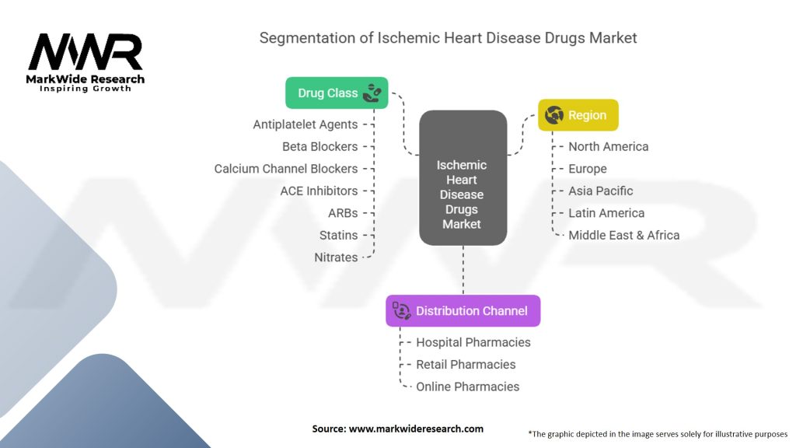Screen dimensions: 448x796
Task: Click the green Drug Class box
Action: (337, 93)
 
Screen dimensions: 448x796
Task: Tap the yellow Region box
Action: (578, 115)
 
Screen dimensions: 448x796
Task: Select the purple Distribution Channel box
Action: (463, 310)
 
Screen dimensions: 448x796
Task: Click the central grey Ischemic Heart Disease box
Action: (463, 194)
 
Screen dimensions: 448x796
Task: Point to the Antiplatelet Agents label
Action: (305, 124)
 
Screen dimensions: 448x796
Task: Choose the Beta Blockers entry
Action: (320, 146)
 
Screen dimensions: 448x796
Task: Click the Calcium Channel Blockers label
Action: (286, 169)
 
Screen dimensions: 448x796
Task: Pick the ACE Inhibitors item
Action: (319, 191)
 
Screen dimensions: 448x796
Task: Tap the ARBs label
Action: (343, 213)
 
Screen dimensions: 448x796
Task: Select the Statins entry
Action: (338, 235)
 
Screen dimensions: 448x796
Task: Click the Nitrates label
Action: (336, 257)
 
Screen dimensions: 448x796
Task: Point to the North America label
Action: (608, 146)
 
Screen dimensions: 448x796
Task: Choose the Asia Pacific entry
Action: (600, 191)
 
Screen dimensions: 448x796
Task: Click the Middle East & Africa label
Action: (623, 235)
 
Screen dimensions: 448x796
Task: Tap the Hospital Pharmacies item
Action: (473, 342)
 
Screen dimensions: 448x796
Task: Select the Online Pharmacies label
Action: (467, 387)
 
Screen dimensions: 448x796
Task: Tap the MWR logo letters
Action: (86, 53)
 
